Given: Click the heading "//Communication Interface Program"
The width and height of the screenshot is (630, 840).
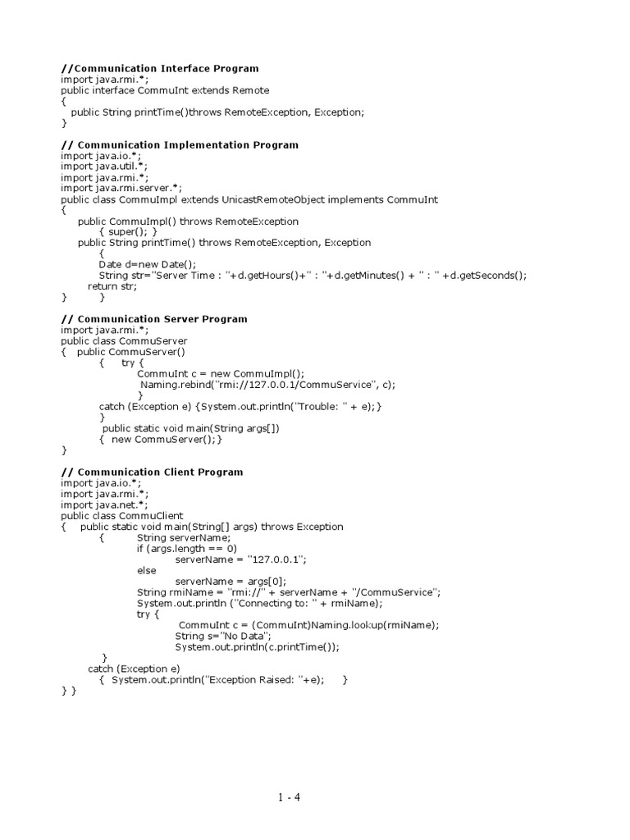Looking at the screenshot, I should click(x=160, y=69).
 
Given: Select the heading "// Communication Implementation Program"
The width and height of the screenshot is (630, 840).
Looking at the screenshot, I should click(x=180, y=145).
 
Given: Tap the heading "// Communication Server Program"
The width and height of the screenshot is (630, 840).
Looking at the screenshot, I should click(x=154, y=319).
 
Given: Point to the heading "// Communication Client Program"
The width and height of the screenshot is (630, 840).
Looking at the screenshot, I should click(x=152, y=472).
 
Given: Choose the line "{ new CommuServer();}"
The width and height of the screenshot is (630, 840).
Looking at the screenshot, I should click(x=161, y=439).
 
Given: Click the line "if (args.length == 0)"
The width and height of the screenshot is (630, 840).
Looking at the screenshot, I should click(x=187, y=548).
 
